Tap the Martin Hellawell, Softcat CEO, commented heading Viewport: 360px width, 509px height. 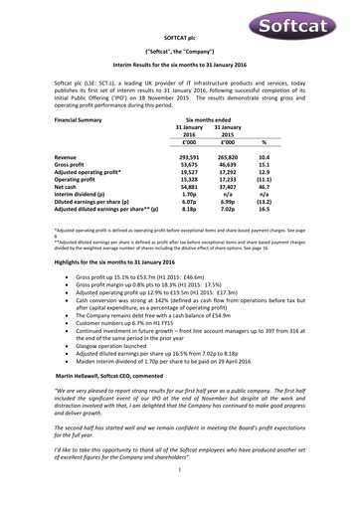(123, 379)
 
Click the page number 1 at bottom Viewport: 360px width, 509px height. (180, 497)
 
